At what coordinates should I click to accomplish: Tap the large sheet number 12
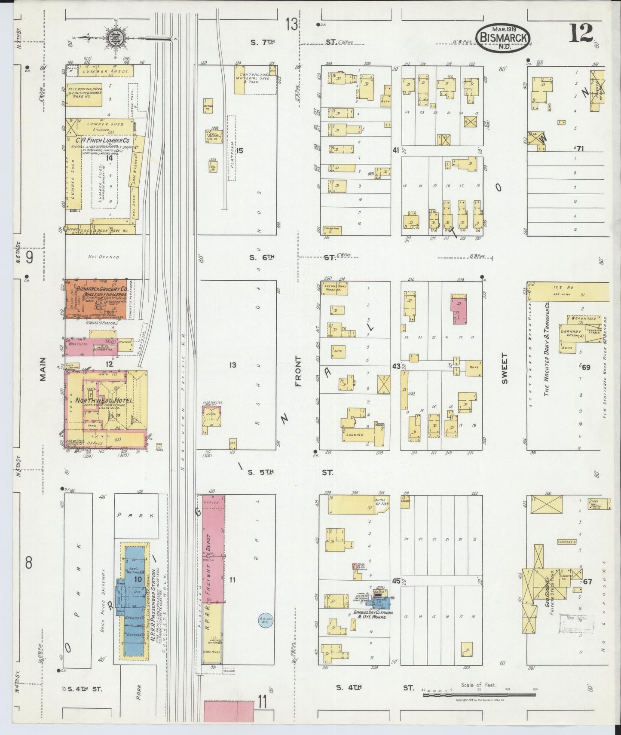coord(581,34)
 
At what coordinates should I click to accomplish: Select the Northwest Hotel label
coord(104,401)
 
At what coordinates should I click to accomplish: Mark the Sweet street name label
coord(504,369)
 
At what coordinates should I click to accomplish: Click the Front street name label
coord(298,371)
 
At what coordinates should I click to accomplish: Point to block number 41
coord(396,150)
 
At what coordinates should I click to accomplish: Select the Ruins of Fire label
coord(381,502)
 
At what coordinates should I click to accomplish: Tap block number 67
coord(587,582)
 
